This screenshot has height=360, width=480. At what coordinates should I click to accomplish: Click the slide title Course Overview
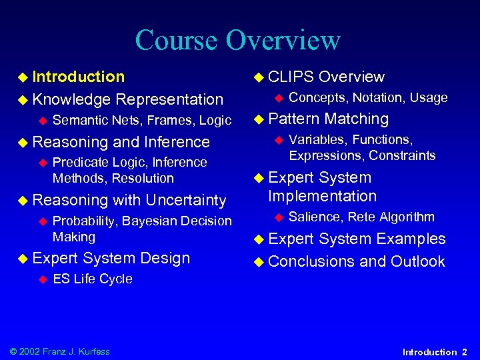tap(237, 40)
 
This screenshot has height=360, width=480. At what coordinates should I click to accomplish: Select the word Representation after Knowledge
tap(169, 99)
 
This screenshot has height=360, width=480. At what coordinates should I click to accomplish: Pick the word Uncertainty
tap(185, 200)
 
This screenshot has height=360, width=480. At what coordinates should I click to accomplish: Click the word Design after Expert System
tap(165, 258)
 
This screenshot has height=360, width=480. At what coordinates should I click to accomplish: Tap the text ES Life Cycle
tap(92, 279)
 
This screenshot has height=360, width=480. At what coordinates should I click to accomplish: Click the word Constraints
tap(402, 155)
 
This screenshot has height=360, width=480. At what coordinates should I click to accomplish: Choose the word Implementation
tap(322, 196)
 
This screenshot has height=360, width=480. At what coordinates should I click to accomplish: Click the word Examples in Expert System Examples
tap(411, 239)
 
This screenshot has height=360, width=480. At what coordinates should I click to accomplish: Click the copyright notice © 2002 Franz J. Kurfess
tap(55, 351)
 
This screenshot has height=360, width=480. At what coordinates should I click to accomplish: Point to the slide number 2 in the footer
tap(464, 351)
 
